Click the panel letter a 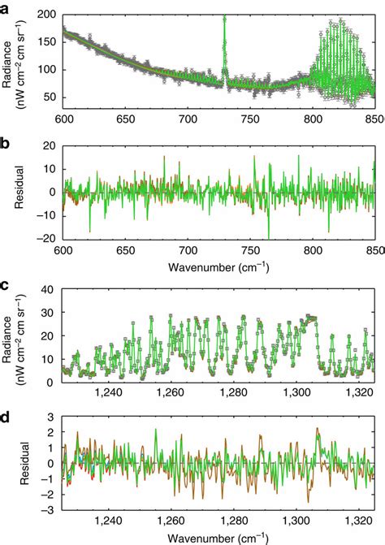pyautogui.click(x=6, y=7)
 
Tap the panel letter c pyautogui.click(x=6, y=286)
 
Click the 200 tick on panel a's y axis pyautogui.click(x=46, y=15)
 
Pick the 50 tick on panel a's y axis pyautogui.click(x=50, y=97)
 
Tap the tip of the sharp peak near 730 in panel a pyautogui.click(x=223, y=16)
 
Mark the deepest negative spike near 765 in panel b pyautogui.click(x=268, y=236)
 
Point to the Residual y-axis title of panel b pyautogui.click(x=18, y=192)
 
